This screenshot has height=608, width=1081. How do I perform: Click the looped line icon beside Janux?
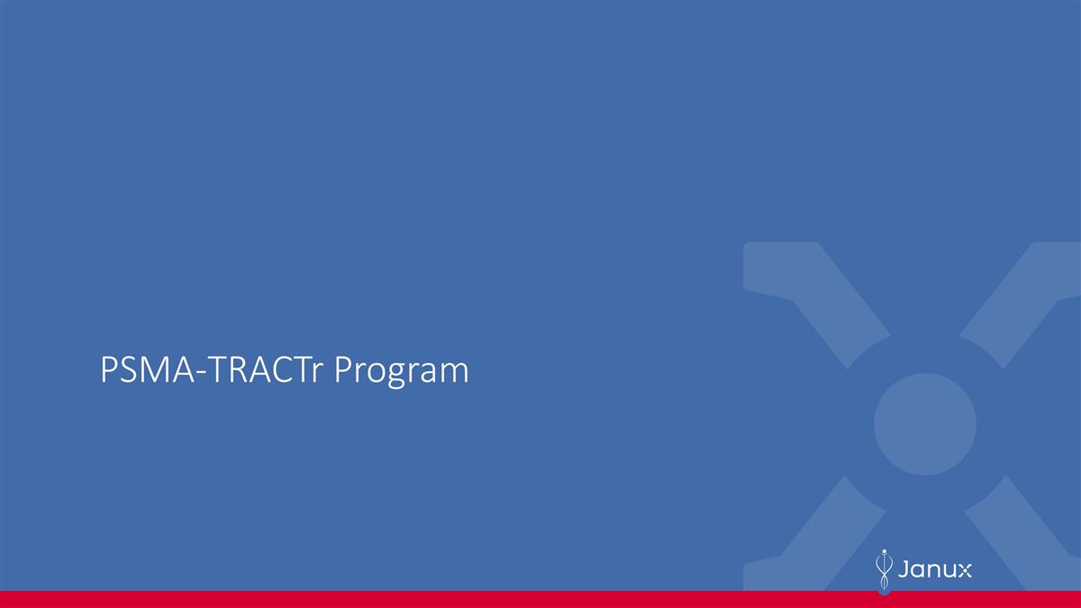point(885,571)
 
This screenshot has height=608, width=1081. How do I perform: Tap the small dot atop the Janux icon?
point(885,549)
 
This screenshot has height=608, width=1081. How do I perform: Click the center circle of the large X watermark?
point(924,423)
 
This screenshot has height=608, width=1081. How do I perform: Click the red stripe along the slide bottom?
point(540,599)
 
